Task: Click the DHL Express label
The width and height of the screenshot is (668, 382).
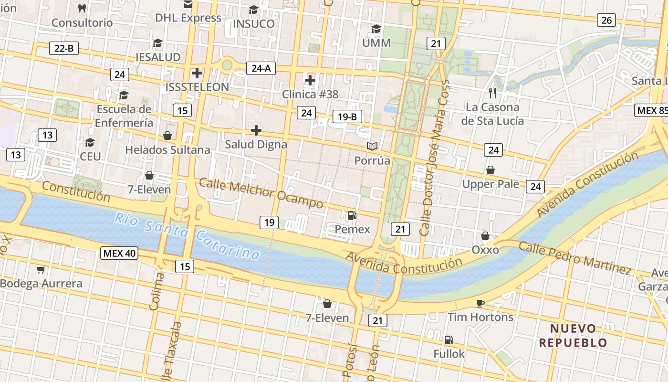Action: pos(188,18)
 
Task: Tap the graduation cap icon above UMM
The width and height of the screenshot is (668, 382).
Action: pos(376,29)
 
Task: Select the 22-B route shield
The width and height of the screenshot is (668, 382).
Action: pos(64,48)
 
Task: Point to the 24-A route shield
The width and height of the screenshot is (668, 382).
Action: pos(261,68)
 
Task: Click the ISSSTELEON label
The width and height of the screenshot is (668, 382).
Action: pos(197,87)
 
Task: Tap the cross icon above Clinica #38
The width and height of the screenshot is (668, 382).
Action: pos(310,80)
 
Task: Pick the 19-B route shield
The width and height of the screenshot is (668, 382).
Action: pos(347,117)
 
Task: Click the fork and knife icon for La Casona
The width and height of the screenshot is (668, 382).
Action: pos(492,93)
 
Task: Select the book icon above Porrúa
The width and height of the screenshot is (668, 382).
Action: pos(372,146)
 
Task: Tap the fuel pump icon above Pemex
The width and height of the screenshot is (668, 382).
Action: pos(352,215)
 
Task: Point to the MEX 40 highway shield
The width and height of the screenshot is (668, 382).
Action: pos(119,253)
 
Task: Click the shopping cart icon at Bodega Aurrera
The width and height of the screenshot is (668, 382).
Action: pos(41,270)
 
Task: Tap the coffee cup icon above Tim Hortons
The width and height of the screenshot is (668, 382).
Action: pos(480,303)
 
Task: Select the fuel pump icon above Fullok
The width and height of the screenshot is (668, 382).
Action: pos(449,340)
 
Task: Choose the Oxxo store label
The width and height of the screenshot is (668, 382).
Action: pos(485,250)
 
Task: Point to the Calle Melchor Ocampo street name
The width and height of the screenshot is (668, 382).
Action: pos(261,193)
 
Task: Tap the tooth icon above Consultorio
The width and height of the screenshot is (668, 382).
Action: pos(82,8)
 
